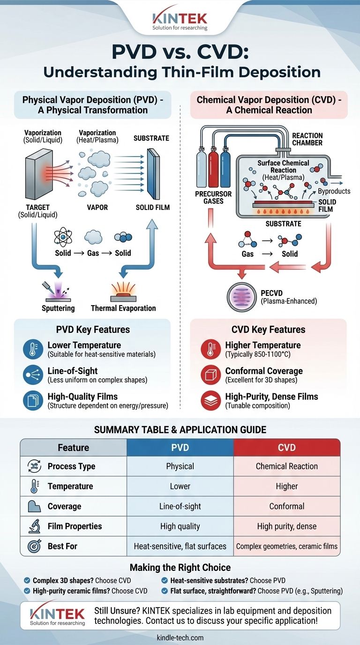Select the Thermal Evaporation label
(123, 308)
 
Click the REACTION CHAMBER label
(307, 139)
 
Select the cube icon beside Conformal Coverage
(210, 375)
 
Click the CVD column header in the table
(286, 447)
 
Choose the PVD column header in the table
(180, 447)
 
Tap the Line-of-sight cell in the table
(180, 506)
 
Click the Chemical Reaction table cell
(286, 466)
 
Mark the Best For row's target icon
(34, 546)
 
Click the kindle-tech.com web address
(180, 638)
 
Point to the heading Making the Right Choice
(180, 568)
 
